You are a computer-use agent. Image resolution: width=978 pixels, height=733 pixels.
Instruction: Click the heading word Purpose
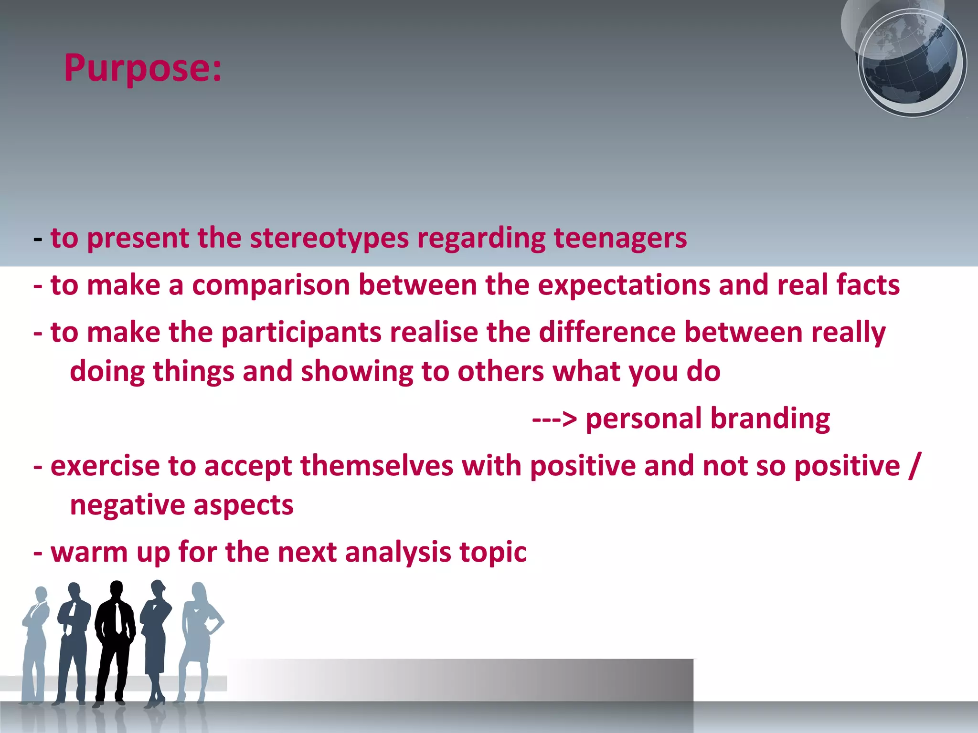click(x=142, y=69)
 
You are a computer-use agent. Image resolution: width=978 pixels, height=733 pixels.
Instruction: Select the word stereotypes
click(x=329, y=238)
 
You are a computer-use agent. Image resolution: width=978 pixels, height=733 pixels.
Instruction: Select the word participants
click(x=301, y=333)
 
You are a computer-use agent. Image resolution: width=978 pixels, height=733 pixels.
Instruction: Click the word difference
click(x=607, y=333)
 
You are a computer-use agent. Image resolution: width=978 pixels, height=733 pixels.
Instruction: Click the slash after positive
click(x=914, y=466)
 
